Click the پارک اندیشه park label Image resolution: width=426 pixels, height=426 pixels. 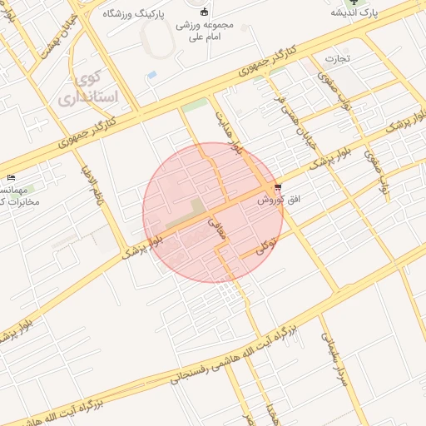pos(354,14)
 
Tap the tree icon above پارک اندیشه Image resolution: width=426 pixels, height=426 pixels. pos(354,2)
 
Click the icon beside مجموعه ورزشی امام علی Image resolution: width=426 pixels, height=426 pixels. pos(205,11)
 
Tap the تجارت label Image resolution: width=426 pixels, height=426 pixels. pos(339,59)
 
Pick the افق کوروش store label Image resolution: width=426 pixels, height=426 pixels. pos(272,200)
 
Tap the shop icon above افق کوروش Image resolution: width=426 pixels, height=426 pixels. pos(277,188)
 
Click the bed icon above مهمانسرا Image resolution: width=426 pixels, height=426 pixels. pos(10,178)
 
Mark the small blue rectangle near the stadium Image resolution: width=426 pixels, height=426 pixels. pos(151,75)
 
